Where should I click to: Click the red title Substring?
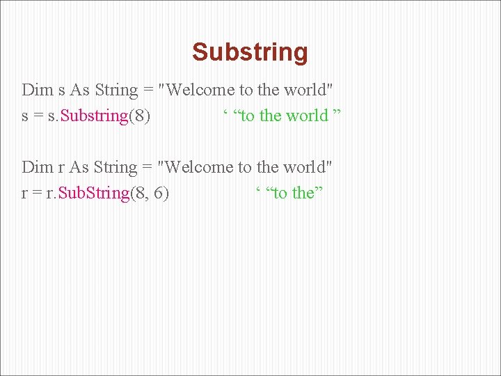(250, 52)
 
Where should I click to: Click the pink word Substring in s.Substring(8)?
(95, 116)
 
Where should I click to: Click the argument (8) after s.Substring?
(139, 116)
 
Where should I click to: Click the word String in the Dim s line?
(116, 90)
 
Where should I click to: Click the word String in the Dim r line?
(116, 167)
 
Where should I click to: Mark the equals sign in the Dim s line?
(148, 91)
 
